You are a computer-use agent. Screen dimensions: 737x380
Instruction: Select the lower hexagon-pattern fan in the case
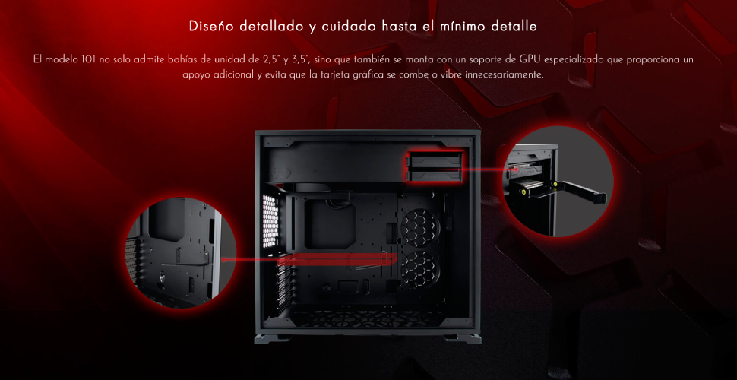420,270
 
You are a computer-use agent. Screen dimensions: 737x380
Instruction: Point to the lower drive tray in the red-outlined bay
432,175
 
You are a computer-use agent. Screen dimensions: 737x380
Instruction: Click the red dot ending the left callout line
223,260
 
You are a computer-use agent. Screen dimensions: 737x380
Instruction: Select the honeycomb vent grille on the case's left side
270,221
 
